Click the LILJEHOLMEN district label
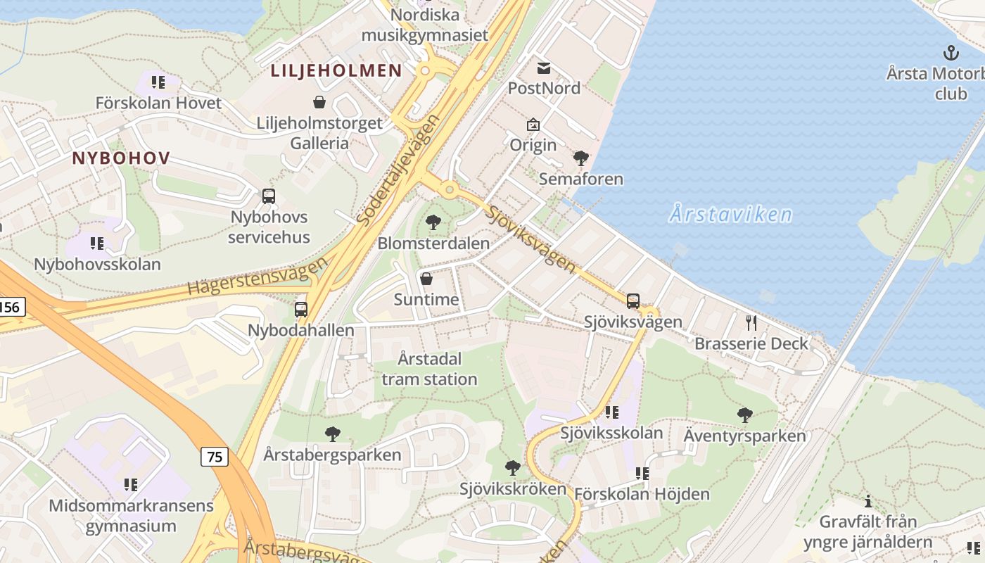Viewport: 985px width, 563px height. (x=336, y=70)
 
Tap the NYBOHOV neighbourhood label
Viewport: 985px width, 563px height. (x=121, y=158)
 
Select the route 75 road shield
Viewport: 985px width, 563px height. (x=215, y=457)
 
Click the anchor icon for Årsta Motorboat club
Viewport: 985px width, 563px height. (x=951, y=53)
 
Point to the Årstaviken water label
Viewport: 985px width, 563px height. (x=730, y=214)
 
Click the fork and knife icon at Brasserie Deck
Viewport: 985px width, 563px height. (x=751, y=323)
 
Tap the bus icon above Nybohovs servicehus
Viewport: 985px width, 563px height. (x=269, y=196)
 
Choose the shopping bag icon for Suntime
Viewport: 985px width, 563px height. (x=426, y=279)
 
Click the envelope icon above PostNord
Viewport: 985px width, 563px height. (x=544, y=68)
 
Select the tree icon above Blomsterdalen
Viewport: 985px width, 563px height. (x=433, y=223)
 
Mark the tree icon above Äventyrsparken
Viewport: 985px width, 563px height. (x=744, y=415)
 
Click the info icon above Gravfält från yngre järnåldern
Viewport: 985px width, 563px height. (x=868, y=502)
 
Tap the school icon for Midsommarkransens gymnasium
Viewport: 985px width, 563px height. (x=131, y=485)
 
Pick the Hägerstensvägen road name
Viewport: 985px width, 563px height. (x=258, y=276)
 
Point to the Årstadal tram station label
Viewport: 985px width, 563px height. (x=429, y=369)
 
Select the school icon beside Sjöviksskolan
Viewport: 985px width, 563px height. (x=612, y=412)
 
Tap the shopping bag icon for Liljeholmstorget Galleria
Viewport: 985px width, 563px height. (x=319, y=103)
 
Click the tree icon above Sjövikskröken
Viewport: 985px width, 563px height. (x=513, y=468)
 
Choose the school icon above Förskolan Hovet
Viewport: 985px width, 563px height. (x=158, y=82)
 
